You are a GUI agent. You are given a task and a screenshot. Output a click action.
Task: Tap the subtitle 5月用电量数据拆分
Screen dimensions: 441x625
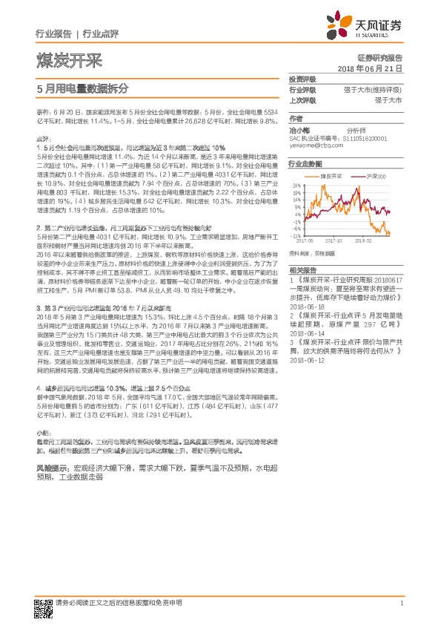pyautogui.click(x=82, y=87)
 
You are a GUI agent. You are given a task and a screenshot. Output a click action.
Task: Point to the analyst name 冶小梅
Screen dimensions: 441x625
pyautogui.click(x=299, y=128)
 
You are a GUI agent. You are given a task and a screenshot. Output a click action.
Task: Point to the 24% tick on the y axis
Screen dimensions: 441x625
pyautogui.click(x=296, y=186)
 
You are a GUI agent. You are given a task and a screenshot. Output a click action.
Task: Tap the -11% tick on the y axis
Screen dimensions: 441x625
pyautogui.click(x=296, y=235)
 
